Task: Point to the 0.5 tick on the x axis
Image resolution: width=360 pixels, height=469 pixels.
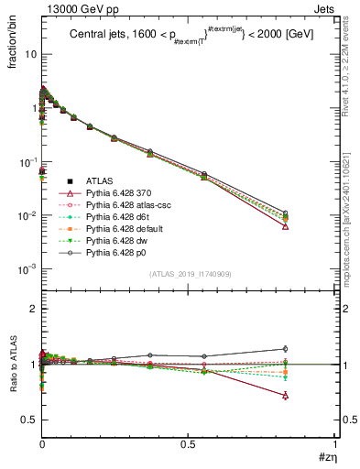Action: (x=188, y=444)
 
